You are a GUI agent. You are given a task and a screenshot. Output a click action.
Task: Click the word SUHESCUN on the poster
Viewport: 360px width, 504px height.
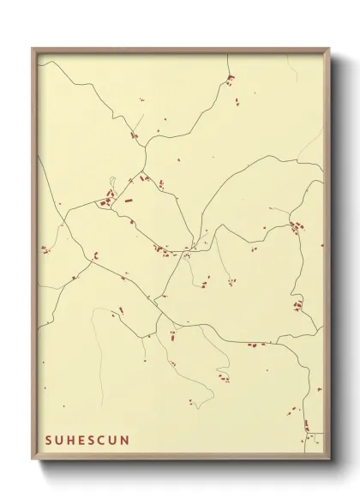(87, 441)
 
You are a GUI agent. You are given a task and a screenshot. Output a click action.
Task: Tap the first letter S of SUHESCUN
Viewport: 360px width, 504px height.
(49, 441)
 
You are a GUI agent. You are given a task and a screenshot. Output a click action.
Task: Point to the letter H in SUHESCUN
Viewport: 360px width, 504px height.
(71, 441)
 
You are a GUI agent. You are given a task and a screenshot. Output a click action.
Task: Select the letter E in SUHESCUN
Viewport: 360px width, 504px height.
(82, 441)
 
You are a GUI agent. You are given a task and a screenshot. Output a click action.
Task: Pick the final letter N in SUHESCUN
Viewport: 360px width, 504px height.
(126, 441)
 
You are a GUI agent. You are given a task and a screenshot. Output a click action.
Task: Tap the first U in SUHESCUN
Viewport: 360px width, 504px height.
(60, 441)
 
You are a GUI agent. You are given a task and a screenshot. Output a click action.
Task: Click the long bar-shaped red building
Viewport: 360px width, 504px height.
(129, 200)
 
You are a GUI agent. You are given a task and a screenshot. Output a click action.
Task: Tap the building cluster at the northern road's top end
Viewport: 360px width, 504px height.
(229, 81)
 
